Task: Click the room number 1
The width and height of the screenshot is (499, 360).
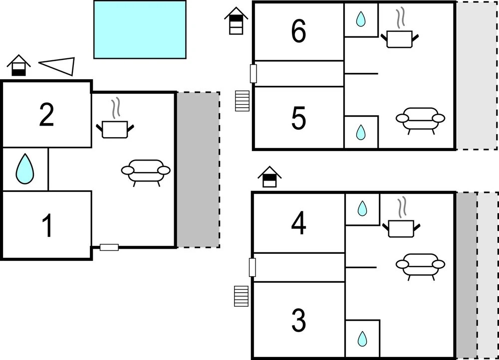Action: pyautogui.click(x=47, y=225)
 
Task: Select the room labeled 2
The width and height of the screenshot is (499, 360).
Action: pyautogui.click(x=46, y=115)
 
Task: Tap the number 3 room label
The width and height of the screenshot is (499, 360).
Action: pyautogui.click(x=298, y=321)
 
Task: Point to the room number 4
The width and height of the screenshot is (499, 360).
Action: pyautogui.click(x=298, y=224)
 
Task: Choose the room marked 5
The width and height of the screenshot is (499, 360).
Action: pyautogui.click(x=298, y=119)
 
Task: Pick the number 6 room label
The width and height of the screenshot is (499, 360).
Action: pyautogui.click(x=298, y=32)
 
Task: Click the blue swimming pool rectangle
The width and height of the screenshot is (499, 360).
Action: pyautogui.click(x=140, y=29)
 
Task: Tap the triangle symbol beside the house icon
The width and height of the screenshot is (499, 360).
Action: pyautogui.click(x=59, y=65)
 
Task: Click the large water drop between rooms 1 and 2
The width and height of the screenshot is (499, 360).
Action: pyautogui.click(x=25, y=169)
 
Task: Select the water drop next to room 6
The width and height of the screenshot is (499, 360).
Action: pyautogui.click(x=360, y=20)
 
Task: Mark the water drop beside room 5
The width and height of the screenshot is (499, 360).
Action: pyautogui.click(x=360, y=132)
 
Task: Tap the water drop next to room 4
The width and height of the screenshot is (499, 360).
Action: pyautogui.click(x=362, y=208)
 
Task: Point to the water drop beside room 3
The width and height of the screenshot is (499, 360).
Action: pyautogui.click(x=362, y=339)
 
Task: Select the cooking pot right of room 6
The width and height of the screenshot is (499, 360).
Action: pyautogui.click(x=400, y=36)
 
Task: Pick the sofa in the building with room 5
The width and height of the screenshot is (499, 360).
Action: pyautogui.click(x=420, y=120)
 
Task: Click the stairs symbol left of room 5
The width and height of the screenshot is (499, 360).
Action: pyautogui.click(x=242, y=101)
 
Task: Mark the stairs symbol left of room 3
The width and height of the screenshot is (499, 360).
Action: pyautogui.click(x=242, y=296)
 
